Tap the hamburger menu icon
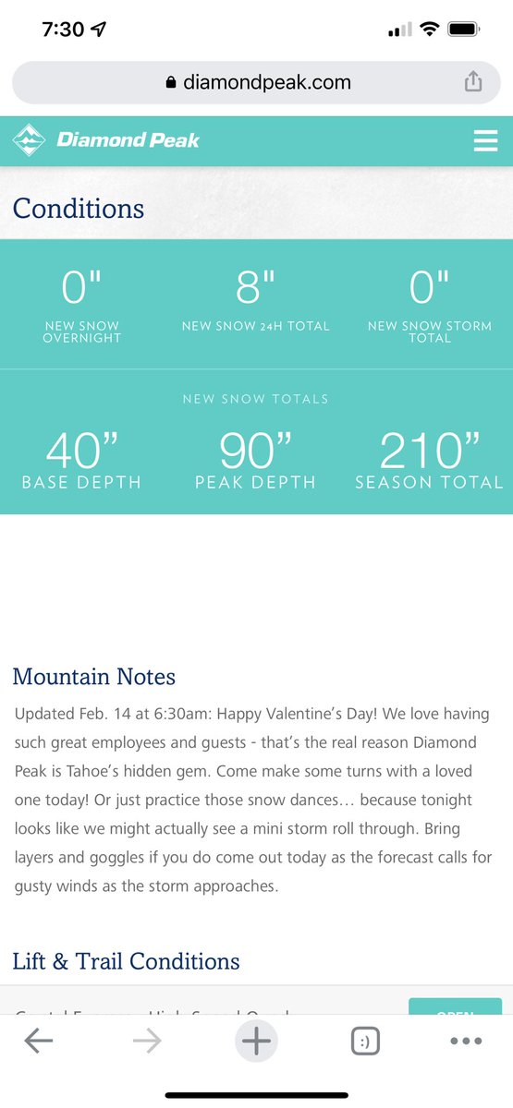[485, 140]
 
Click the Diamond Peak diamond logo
[29, 140]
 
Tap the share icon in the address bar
[473, 82]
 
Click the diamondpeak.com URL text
[266, 82]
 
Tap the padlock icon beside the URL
[171, 82]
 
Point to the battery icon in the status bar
[462, 30]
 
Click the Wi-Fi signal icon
[428, 30]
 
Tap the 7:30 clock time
[63, 30]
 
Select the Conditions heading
[79, 209]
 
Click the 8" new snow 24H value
[256, 289]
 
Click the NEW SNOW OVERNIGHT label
[81, 332]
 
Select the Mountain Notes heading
[94, 677]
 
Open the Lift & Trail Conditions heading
[127, 961]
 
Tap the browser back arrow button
[39, 1042]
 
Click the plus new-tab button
[256, 1042]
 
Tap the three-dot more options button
[466, 1042]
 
